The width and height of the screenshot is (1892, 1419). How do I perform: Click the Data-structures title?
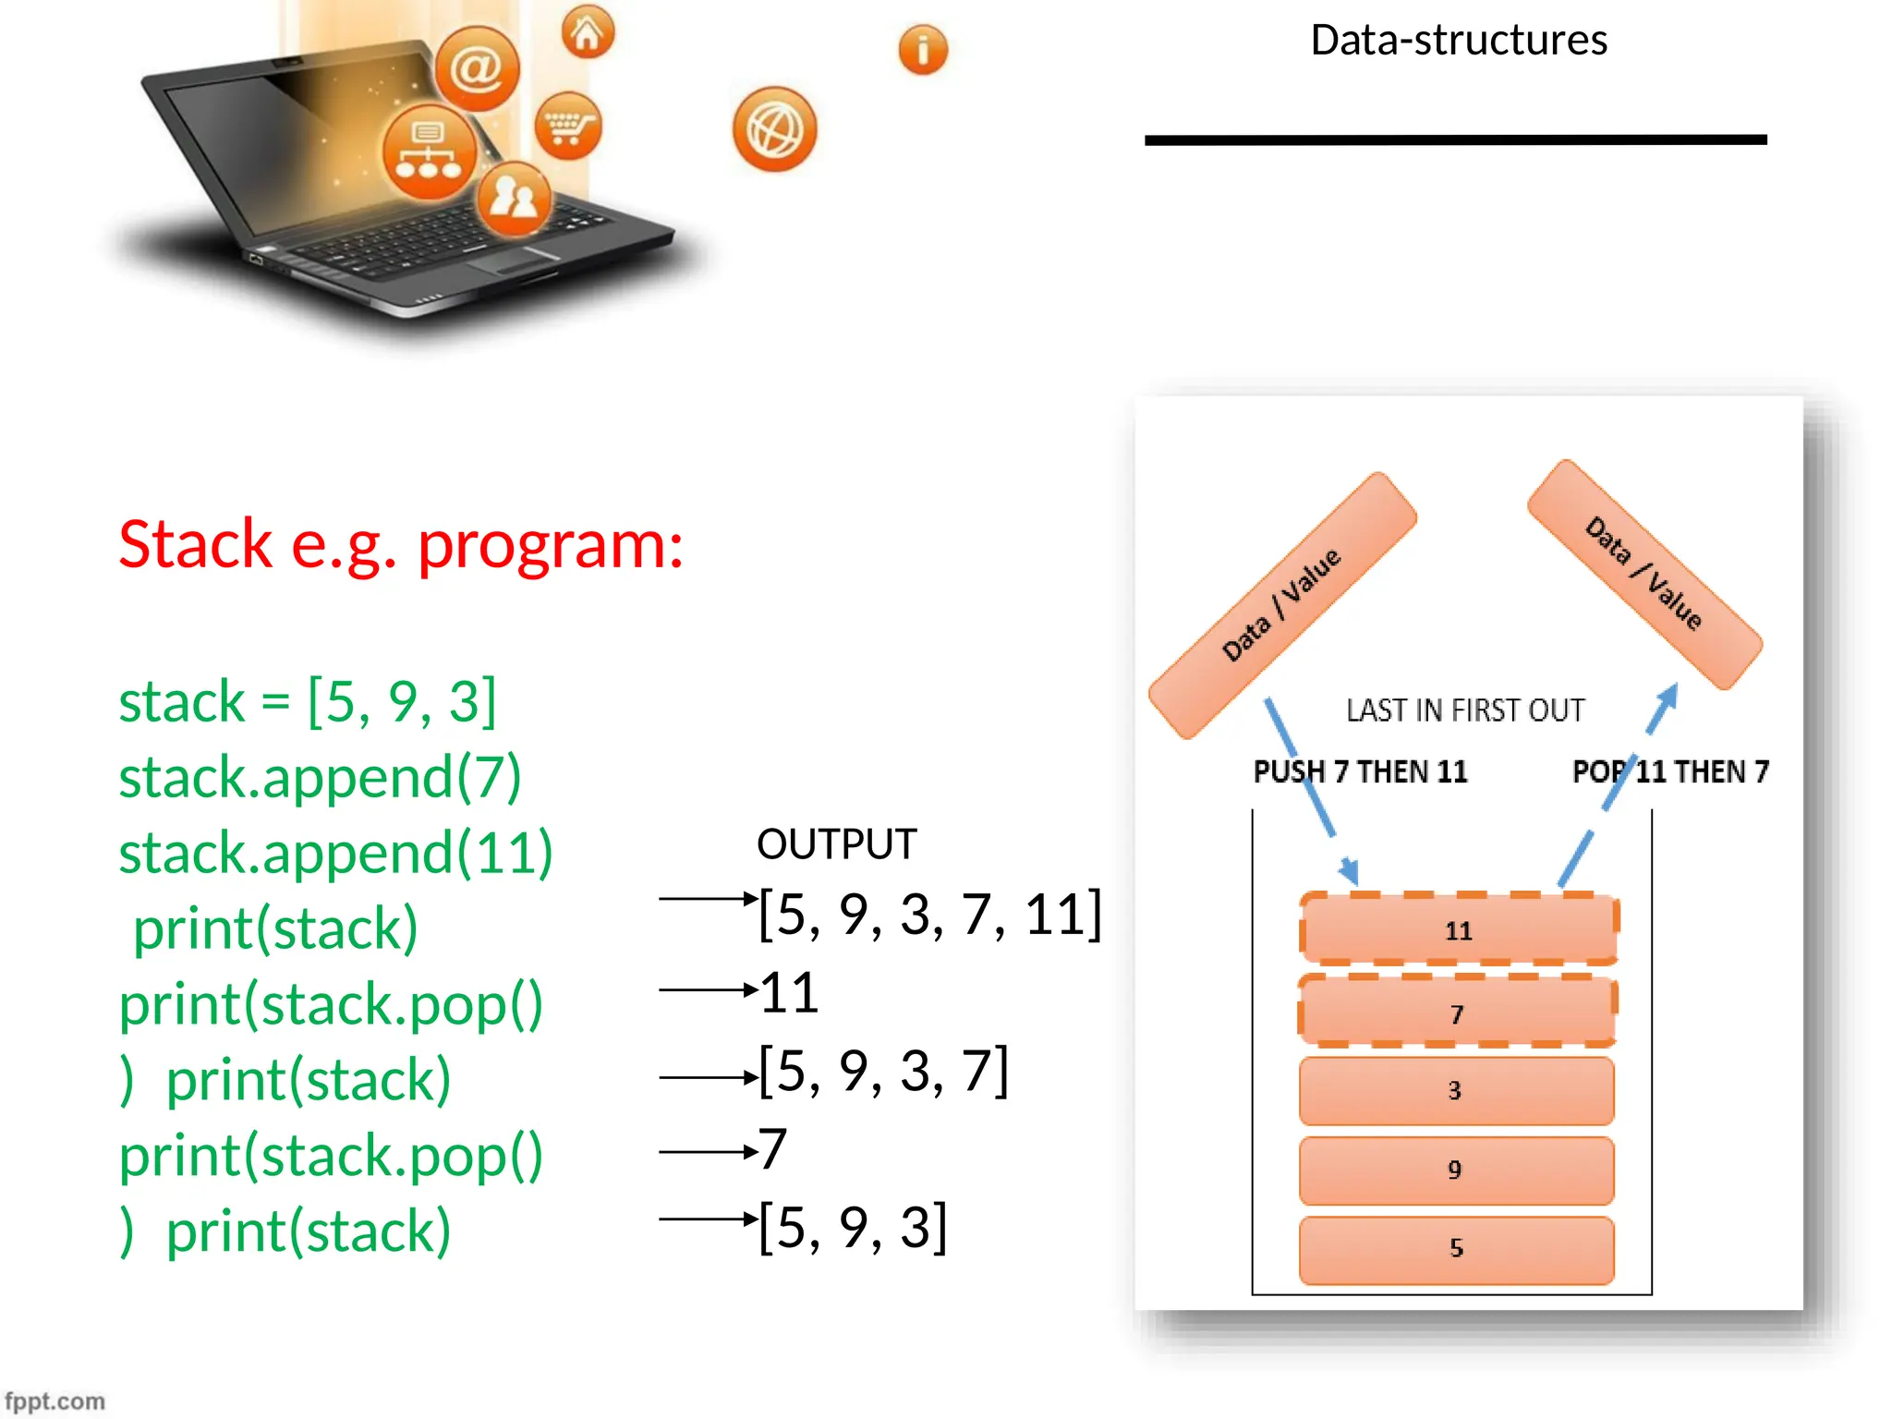[1458, 41]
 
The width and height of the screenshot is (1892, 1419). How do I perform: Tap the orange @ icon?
[477, 68]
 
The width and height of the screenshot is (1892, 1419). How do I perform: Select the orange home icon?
[588, 32]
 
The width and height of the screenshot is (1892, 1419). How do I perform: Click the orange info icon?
[922, 49]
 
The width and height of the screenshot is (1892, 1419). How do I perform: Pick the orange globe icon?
[774, 129]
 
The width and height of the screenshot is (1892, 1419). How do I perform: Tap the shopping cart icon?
[567, 126]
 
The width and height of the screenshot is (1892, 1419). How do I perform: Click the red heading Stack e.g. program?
[401, 544]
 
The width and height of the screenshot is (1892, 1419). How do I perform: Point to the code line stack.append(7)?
[320, 777]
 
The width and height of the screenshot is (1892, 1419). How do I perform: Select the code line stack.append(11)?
[335, 853]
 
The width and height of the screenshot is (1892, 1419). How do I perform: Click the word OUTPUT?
[836, 843]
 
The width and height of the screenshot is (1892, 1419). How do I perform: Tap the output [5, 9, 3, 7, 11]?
[929, 914]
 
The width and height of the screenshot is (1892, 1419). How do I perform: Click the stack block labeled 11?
[1458, 929]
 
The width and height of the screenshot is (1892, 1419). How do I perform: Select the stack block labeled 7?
[1457, 1013]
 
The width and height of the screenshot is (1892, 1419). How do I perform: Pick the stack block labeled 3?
[1456, 1091]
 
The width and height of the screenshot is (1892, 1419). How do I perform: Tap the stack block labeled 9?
[1456, 1170]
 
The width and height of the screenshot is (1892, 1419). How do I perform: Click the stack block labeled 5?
[1456, 1249]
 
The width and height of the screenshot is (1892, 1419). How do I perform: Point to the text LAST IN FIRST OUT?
[1465, 710]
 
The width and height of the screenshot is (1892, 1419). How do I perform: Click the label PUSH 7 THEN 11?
[1360, 771]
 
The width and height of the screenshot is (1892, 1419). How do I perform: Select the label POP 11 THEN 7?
[1670, 771]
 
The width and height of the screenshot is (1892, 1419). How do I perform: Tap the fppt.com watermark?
[55, 1401]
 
